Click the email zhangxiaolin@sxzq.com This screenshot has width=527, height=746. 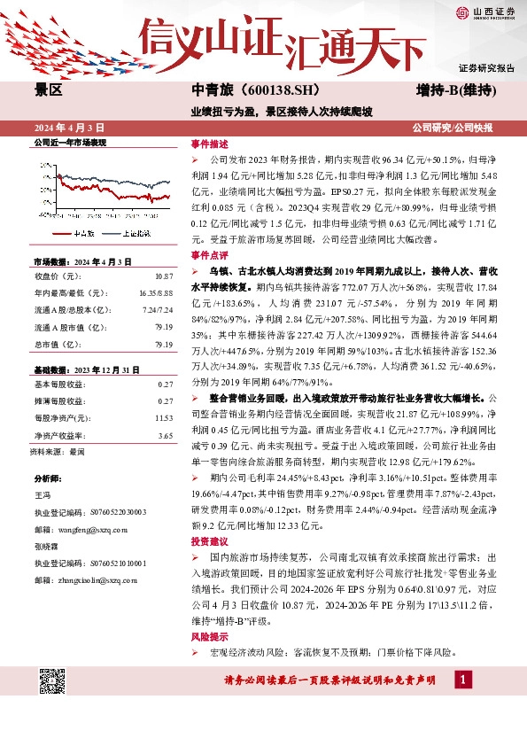(x=89, y=581)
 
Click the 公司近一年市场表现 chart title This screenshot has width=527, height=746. (x=70, y=142)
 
